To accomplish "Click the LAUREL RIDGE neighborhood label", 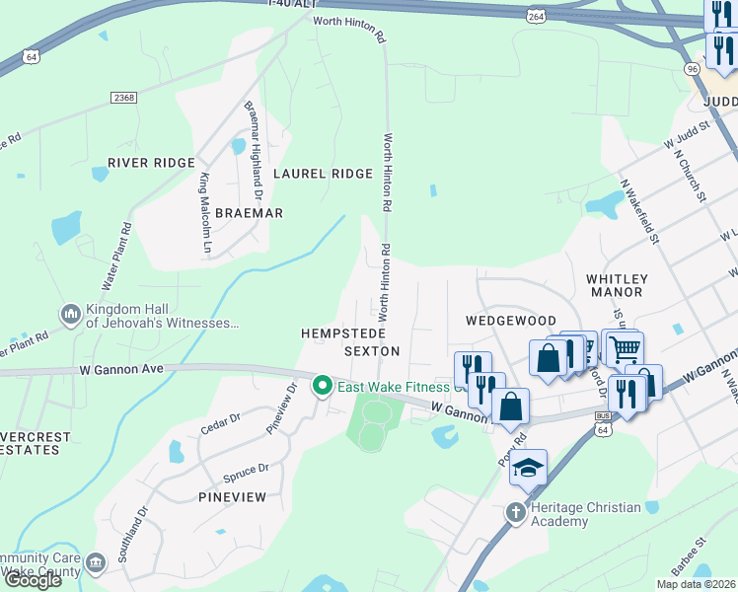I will click(x=324, y=174).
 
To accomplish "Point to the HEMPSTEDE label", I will click(x=341, y=334).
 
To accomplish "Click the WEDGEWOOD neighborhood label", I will click(x=511, y=321).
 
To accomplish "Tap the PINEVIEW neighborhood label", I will click(x=232, y=497).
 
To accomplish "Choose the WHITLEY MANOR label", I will click(x=616, y=286).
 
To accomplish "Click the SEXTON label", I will click(x=372, y=351).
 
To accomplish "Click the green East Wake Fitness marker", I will click(x=322, y=386).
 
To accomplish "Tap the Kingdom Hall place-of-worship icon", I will click(x=71, y=315).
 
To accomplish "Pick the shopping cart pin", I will click(x=624, y=347).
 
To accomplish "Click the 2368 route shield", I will click(x=123, y=97).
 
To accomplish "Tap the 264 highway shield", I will click(x=536, y=17).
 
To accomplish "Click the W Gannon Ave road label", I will click(x=121, y=369).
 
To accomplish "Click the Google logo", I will click(x=33, y=580).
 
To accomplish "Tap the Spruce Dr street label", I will click(x=247, y=471).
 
